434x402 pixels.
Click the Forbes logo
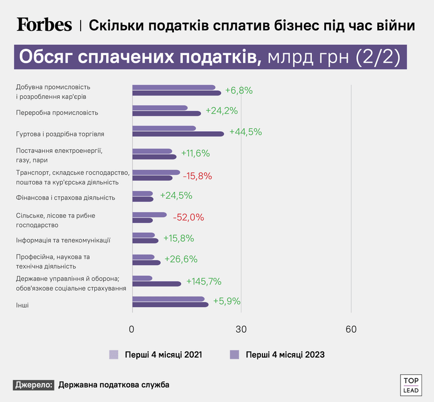tap(44, 24)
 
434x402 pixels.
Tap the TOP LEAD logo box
tap(411, 385)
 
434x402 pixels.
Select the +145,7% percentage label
tap(204, 282)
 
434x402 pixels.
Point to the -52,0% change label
tap(189, 217)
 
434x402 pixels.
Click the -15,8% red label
tap(197, 176)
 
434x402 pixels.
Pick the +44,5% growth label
tap(246, 132)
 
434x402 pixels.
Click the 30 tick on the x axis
tap(241, 329)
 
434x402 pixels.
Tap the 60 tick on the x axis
tap(351, 329)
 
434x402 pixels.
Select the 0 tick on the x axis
tap(131, 329)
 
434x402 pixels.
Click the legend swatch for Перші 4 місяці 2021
tap(114, 355)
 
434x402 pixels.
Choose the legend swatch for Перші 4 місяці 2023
tap(235, 355)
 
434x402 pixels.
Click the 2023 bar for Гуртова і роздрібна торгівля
tap(178, 134)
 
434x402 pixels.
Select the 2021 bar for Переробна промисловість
tap(160, 108)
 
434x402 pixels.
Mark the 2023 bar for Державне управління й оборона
tap(157, 284)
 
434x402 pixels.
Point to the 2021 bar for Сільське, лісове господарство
tap(149, 215)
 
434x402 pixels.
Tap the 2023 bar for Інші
tap(170, 304)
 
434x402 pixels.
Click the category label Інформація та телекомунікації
tap(63, 240)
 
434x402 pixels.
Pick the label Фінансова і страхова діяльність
tap(65, 198)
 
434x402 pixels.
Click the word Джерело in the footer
tap(34, 385)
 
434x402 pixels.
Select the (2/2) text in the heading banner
tap(378, 57)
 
